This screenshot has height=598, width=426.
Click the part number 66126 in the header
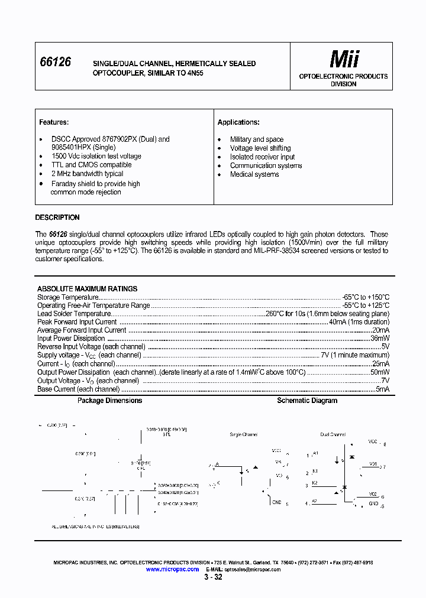pyautogui.click(x=55, y=62)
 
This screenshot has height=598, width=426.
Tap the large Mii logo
pyautogui.click(x=344, y=59)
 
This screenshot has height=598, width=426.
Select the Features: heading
pyautogui.click(x=54, y=122)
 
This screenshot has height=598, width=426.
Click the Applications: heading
pyautogui.click(x=238, y=122)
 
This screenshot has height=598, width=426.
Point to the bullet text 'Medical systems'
pyautogui.click(x=254, y=175)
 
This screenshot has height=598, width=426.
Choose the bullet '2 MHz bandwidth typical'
pyautogui.click(x=87, y=174)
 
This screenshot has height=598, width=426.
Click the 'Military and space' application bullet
pyautogui.click(x=257, y=139)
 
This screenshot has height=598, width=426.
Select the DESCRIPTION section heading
pyautogui.click(x=57, y=217)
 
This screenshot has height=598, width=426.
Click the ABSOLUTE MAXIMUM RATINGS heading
pyautogui.click(x=87, y=289)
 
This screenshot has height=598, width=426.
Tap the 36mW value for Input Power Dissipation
pyautogui.click(x=379, y=339)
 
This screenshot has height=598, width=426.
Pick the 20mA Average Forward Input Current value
pyautogui.click(x=380, y=330)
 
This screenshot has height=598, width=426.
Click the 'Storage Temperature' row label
pyautogui.click(x=67, y=297)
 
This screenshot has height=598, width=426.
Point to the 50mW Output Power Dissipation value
pyautogui.click(x=379, y=373)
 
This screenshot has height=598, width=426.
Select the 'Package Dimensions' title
pyautogui.click(x=110, y=401)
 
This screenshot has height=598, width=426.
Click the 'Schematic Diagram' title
pyautogui.click(x=307, y=401)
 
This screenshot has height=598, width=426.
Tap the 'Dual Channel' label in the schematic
pyautogui.click(x=333, y=434)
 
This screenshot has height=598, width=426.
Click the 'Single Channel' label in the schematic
pyautogui.click(x=243, y=434)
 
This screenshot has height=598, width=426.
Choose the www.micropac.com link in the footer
pyautogui.click(x=172, y=569)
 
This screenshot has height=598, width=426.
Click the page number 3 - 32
pyautogui.click(x=213, y=577)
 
